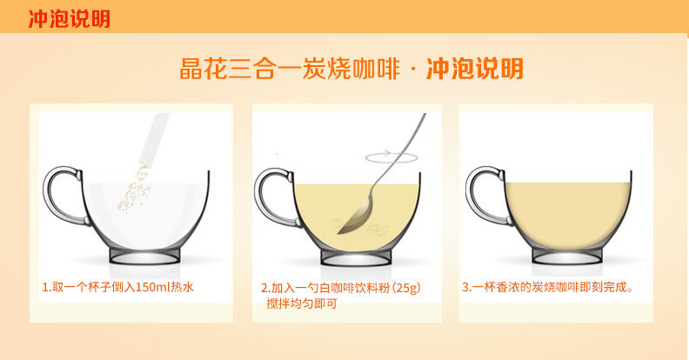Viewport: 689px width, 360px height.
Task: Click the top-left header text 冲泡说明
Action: pyautogui.click(x=70, y=19)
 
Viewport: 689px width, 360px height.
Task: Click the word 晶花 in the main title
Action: pyautogui.click(x=204, y=69)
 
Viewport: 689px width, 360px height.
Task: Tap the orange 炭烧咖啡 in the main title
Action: pyautogui.click(x=351, y=69)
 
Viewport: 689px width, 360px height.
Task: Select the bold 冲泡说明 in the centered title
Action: pyautogui.click(x=475, y=69)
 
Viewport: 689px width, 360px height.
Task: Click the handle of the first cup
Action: pyautogui.click(x=50, y=196)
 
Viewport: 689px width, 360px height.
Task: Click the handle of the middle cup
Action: pyautogui.click(x=261, y=196)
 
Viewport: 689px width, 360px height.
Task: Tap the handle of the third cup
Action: pyautogui.click(x=472, y=196)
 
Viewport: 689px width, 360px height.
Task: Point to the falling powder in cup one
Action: pyautogui.click(x=135, y=188)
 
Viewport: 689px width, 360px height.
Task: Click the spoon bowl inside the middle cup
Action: pyautogui.click(x=355, y=218)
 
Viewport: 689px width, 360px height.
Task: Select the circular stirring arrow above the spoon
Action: pyautogui.click(x=391, y=157)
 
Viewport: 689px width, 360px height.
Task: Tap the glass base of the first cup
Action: pyautogui.click(x=144, y=257)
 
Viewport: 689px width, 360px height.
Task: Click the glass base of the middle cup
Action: pyautogui.click(x=356, y=257)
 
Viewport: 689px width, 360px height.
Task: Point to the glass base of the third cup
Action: pyautogui.click(x=567, y=256)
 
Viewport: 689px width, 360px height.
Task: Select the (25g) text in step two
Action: pyautogui.click(x=406, y=288)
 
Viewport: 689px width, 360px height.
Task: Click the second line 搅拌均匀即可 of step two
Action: pyautogui.click(x=301, y=303)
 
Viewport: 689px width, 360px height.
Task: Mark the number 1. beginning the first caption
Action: pyautogui.click(x=47, y=288)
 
